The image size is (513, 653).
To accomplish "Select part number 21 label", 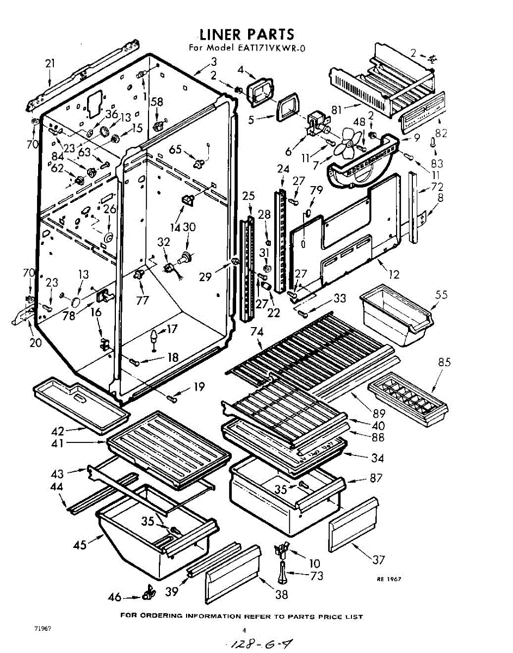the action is [x=51, y=64].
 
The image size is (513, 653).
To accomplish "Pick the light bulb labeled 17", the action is [x=154, y=340].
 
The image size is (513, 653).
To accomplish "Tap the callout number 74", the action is [x=257, y=332].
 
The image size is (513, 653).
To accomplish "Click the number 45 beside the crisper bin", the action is [x=79, y=545].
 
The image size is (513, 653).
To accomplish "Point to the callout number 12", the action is [x=394, y=274].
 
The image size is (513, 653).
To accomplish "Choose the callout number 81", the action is [x=336, y=110].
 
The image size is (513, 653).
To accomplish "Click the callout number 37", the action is [x=379, y=558].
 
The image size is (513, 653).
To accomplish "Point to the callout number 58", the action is [x=157, y=102].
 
